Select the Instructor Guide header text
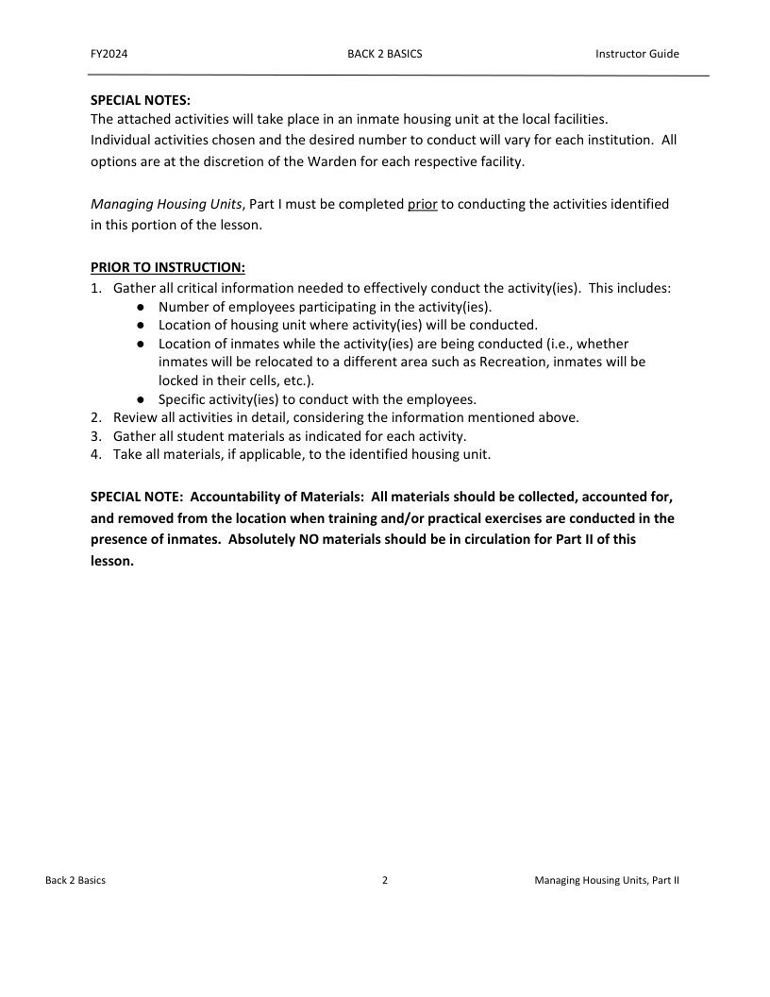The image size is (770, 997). [637, 54]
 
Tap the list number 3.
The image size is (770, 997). [95, 435]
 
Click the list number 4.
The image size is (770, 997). [95, 454]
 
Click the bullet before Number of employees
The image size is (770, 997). [140, 307]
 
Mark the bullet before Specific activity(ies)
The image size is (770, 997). [140, 399]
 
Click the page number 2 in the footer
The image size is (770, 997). [385, 880]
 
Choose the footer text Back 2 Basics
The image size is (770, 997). [75, 880]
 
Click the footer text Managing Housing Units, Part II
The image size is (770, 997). [606, 880]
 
